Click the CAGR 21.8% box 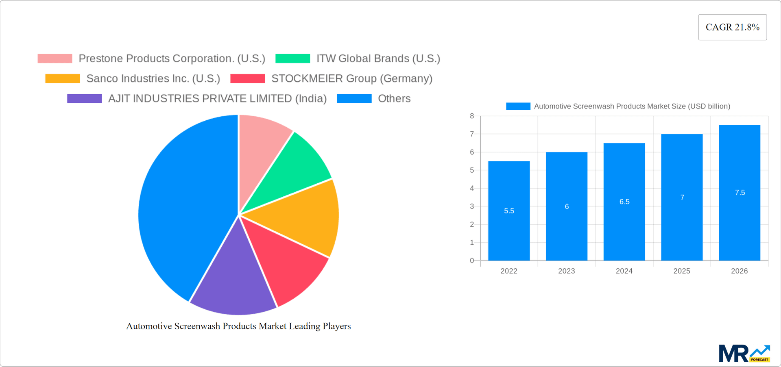pyautogui.click(x=732, y=27)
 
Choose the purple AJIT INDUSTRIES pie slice pyautogui.click(x=234, y=280)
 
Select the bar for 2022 pyautogui.click(x=509, y=228)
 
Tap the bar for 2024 pyautogui.click(x=624, y=228)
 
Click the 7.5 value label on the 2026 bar pyautogui.click(x=740, y=193)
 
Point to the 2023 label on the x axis pyautogui.click(x=566, y=271)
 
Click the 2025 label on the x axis pyautogui.click(x=682, y=271)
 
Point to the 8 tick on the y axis pyautogui.click(x=472, y=116)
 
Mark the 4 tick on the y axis pyautogui.click(x=472, y=188)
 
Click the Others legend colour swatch pyautogui.click(x=354, y=98)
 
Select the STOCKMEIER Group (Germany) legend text pyautogui.click(x=351, y=78)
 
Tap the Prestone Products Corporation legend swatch pyautogui.click(x=55, y=59)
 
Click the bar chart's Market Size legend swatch pyautogui.click(x=518, y=106)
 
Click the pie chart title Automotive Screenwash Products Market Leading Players pyautogui.click(x=238, y=326)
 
